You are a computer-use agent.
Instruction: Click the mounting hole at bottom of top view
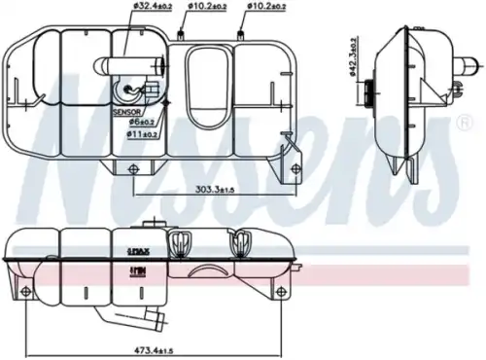tap(128, 167)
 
